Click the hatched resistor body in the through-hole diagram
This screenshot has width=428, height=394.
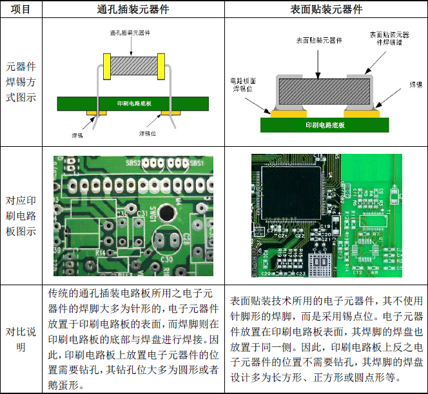coord(133,64)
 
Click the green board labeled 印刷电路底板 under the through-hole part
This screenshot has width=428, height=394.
coord(133,104)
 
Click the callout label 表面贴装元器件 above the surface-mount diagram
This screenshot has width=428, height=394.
coord(318,40)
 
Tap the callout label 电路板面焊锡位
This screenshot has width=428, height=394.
coord(243,85)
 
